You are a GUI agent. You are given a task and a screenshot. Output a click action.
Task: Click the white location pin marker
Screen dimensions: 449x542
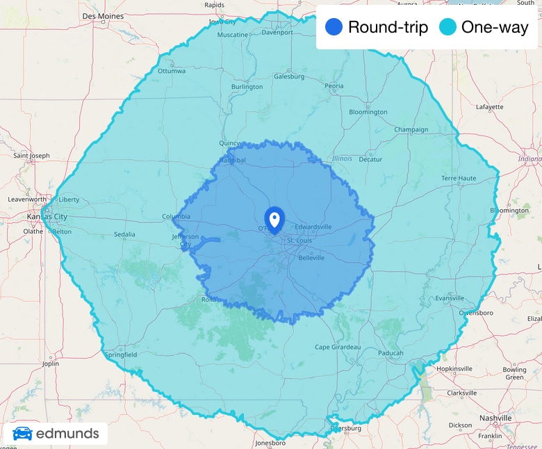tap(274, 220)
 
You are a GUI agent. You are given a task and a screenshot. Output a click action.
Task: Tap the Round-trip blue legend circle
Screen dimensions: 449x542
tap(334, 28)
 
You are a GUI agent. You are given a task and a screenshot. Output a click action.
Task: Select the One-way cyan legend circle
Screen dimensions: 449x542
tap(448, 28)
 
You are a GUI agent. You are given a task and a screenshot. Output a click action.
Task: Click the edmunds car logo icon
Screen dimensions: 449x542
tap(22, 434)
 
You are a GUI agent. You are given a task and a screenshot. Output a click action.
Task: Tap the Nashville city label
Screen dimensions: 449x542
tap(495, 419)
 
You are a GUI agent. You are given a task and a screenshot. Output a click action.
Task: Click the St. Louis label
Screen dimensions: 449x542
tap(299, 240)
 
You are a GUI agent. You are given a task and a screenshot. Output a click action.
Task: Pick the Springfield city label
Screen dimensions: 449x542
tap(121, 354)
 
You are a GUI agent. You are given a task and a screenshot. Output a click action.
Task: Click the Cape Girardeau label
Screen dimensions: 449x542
tap(338, 347)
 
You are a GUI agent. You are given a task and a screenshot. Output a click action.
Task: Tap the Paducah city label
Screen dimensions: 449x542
tap(391, 353)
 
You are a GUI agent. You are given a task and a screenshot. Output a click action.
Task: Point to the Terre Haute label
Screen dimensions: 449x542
tap(459, 178)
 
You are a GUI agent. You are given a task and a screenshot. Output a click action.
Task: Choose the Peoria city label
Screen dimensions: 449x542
tap(334, 86)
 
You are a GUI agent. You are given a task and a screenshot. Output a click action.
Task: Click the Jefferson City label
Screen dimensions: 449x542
tap(185, 240)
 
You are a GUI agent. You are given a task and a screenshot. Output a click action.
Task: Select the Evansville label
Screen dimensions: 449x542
tap(449, 298)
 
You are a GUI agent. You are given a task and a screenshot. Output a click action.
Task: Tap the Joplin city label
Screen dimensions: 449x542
tap(50, 364)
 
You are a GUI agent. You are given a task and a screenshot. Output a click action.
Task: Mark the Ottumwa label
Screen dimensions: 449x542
tap(172, 71)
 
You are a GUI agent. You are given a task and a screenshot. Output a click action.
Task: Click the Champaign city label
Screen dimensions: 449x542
tap(411, 129)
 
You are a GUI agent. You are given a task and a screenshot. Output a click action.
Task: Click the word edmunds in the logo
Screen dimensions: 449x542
tap(67, 434)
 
